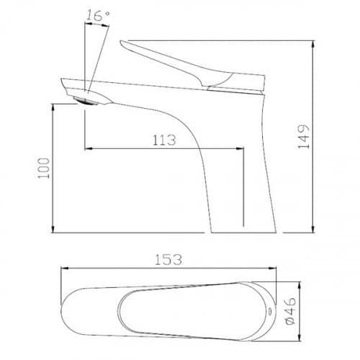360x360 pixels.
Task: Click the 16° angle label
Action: tap(98, 15)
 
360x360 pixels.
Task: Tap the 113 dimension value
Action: tap(164, 140)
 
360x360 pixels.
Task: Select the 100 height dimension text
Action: tap(44, 168)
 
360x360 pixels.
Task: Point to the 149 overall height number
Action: tap(303, 137)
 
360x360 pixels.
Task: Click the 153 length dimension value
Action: tap(168, 259)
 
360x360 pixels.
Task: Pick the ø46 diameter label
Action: tap(290, 311)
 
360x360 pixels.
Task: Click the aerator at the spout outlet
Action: tap(87, 101)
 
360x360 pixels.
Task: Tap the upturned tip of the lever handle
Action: tap(122, 42)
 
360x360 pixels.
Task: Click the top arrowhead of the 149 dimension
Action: tap(312, 45)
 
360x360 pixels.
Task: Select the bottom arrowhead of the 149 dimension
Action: tap(312, 229)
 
